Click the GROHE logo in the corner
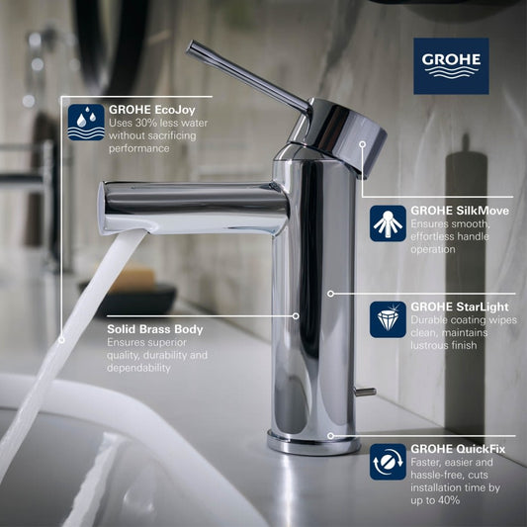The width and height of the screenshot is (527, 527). pos(450,64)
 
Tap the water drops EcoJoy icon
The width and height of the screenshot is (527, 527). pos(86,121)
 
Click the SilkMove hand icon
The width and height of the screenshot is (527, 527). pos(388,223)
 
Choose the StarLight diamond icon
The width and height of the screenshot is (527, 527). pos(388,318)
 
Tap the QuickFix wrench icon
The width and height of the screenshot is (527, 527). pos(388,461)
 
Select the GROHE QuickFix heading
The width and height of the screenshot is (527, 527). pos(456,447)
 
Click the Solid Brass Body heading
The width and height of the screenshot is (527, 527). pos(155,328)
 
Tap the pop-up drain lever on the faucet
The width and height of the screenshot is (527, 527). pos(365,393)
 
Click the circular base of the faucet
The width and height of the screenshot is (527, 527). pos(313,442)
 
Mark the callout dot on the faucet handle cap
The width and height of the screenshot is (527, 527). pos(363,144)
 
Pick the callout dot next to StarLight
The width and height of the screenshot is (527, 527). pos(330,294)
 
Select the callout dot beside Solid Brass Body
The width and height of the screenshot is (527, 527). pos(296,316)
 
